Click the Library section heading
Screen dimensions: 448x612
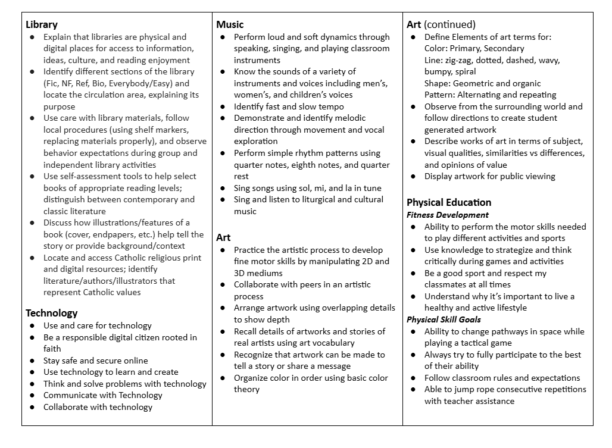pyautogui.click(x=42, y=24)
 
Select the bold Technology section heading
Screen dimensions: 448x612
pyautogui.click(x=52, y=312)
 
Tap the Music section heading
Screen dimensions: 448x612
pyautogui.click(x=230, y=24)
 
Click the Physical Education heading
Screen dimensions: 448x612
pyautogui.click(x=449, y=202)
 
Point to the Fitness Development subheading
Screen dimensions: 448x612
pyautogui.click(x=448, y=215)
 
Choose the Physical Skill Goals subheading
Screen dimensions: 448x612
pyautogui.click(x=444, y=319)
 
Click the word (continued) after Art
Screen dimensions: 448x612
pyautogui.click(x=449, y=24)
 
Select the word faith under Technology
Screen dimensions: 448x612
pyautogui.click(x=52, y=349)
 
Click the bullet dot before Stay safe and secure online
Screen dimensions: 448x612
pyautogui.click(x=32, y=361)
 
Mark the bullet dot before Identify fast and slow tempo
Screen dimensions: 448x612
pyautogui.click(x=222, y=106)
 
